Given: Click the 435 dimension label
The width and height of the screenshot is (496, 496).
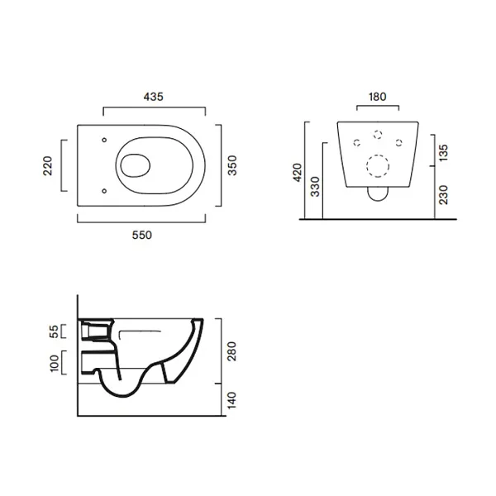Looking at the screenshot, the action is (154, 97).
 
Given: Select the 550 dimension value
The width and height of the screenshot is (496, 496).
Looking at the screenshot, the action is (142, 235).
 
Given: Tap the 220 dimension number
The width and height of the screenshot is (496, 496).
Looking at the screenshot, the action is (48, 165).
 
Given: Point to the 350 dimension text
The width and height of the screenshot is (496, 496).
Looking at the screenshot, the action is (232, 165).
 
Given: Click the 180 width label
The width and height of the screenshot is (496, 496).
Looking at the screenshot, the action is (378, 97).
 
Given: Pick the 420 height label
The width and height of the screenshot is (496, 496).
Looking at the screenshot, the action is (298, 173).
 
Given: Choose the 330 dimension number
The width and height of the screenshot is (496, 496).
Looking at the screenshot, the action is (316, 187).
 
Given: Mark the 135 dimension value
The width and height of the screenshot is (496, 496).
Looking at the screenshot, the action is (443, 152).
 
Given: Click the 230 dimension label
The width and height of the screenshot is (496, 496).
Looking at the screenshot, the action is (443, 195).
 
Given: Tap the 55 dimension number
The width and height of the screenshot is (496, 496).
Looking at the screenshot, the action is (54, 331).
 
